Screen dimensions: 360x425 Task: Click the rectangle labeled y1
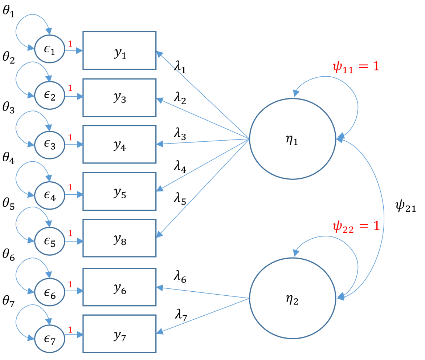(x=119, y=50)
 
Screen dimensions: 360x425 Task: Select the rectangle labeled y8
(x=119, y=238)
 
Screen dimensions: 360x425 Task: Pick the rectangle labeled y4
(x=119, y=144)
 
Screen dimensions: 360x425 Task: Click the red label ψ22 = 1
(x=356, y=226)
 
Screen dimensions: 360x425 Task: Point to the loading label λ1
(x=179, y=68)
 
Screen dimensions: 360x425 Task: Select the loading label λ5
(x=179, y=200)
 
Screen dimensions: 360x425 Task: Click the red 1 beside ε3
(x=70, y=138)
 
